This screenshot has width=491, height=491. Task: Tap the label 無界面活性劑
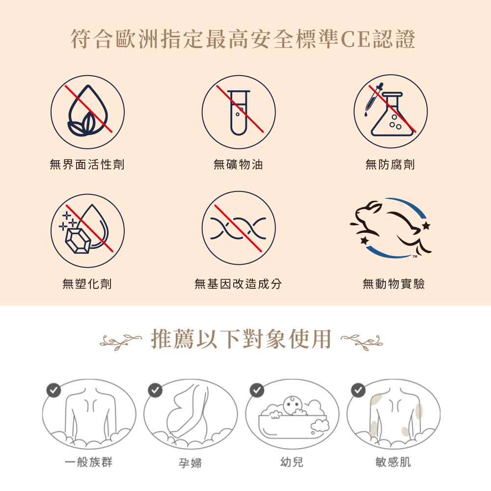[x=87, y=164]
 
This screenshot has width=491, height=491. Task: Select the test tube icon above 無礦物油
[x=239, y=112]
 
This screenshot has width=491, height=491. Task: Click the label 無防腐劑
[x=390, y=164]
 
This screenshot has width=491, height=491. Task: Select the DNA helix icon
[x=239, y=228]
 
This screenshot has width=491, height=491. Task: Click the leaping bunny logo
[x=391, y=228]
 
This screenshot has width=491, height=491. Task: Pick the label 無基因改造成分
[x=238, y=284]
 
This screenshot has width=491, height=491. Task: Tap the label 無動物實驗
[x=394, y=284]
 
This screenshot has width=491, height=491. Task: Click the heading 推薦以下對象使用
[x=241, y=339]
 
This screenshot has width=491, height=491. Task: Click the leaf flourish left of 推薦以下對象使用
[x=121, y=341]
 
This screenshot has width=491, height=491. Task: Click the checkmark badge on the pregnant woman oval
[x=155, y=390]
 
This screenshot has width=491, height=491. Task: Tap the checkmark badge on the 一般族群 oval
[x=54, y=390]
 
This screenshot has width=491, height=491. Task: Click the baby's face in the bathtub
[x=293, y=405]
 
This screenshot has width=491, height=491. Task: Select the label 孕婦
[x=191, y=463]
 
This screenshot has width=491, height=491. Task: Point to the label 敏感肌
[x=393, y=462]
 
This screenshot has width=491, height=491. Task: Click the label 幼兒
[x=292, y=462]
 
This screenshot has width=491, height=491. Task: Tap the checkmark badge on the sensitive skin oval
[x=358, y=390]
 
